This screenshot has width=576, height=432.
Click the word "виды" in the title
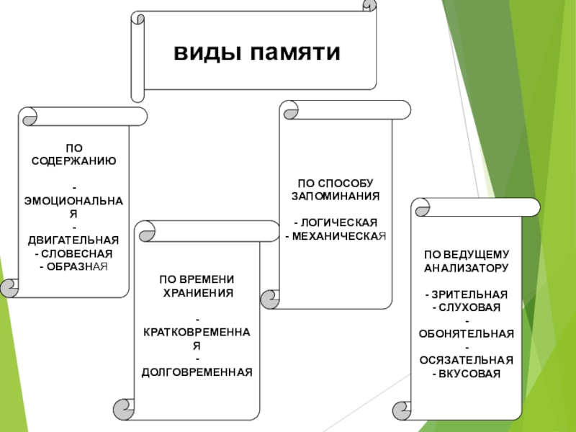click(x=205, y=53)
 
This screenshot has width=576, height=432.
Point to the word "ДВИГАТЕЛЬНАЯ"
click(x=73, y=240)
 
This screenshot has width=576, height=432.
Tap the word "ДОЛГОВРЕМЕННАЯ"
click(x=197, y=372)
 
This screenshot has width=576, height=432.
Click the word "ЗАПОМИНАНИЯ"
click(x=336, y=195)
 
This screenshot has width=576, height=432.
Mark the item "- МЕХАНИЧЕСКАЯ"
click(x=336, y=235)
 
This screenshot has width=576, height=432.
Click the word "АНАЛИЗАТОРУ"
click(x=467, y=268)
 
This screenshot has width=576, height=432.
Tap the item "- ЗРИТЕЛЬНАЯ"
click(x=467, y=295)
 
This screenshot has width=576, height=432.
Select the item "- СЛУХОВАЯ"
click(x=467, y=307)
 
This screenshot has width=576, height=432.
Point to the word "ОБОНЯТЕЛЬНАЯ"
click(x=467, y=334)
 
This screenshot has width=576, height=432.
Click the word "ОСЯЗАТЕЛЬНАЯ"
click(x=467, y=361)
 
